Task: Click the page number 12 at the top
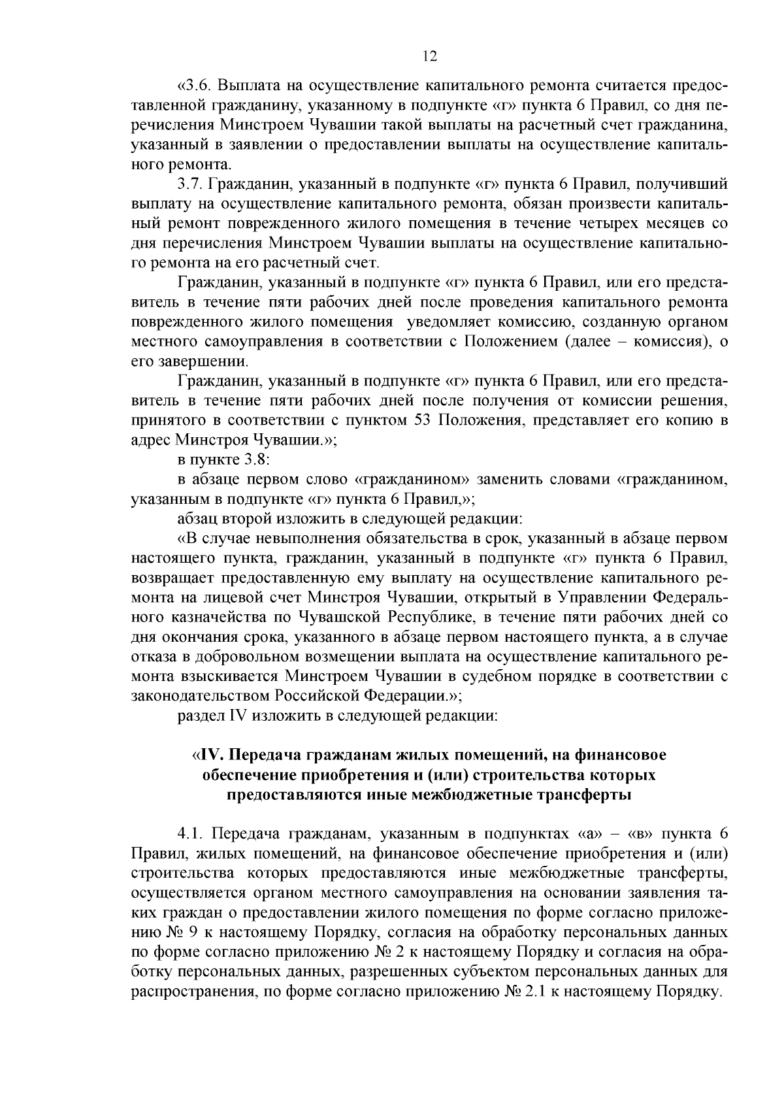[429, 56]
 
